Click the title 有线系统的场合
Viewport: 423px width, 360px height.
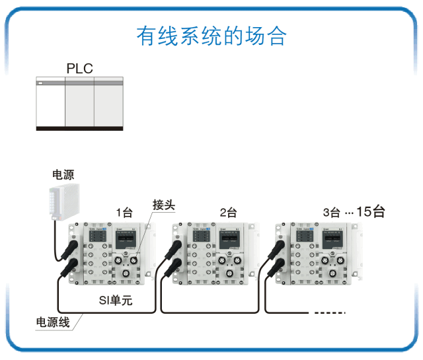(211, 36)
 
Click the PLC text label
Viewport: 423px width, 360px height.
(79, 69)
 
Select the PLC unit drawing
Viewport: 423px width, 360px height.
(79, 103)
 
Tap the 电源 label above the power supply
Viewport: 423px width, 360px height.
(63, 175)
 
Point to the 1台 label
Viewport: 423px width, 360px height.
(124, 213)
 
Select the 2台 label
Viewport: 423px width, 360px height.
(228, 213)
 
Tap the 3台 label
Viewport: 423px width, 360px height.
(331, 213)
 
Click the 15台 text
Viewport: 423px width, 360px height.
(370, 212)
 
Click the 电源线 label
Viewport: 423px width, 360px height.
(52, 323)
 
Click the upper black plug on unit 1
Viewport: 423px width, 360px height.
(69, 249)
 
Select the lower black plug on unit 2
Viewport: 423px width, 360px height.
(174, 266)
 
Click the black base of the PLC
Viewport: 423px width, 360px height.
(79, 129)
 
